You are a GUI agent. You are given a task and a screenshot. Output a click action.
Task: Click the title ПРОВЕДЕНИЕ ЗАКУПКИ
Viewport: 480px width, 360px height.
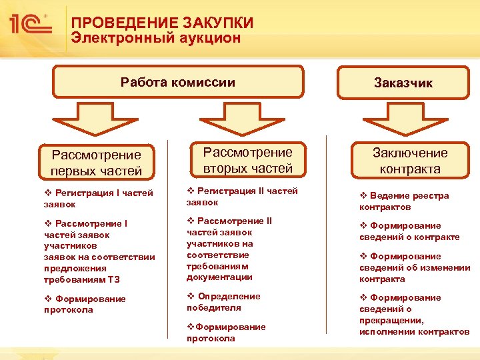click(x=163, y=23)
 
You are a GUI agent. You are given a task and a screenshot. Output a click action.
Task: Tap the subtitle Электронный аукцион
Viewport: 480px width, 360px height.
click(x=156, y=38)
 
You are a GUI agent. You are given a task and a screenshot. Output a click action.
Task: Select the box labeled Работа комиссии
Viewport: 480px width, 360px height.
click(x=178, y=82)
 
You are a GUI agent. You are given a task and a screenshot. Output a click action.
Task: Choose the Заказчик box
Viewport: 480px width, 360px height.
click(x=403, y=83)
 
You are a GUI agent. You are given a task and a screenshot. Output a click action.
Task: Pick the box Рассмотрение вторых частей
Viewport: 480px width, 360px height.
click(x=247, y=160)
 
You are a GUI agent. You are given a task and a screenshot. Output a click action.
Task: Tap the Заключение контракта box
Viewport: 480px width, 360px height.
click(x=410, y=161)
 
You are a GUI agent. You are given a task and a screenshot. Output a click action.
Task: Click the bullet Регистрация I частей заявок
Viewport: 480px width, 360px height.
click(x=97, y=198)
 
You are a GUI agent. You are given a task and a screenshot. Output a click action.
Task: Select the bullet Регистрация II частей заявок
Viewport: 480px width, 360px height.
click(x=241, y=196)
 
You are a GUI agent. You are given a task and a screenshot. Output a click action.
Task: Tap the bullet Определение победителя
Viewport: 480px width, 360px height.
click(x=223, y=302)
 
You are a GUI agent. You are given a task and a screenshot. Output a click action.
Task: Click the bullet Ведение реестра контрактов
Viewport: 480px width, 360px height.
click(x=404, y=201)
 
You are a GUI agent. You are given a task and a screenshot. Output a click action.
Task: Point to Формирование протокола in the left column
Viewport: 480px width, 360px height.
click(x=84, y=304)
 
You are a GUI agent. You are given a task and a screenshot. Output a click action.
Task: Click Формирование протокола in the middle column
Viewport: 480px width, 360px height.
click(x=226, y=332)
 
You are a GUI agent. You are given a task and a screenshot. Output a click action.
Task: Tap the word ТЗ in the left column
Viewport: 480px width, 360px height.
click(x=112, y=279)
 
